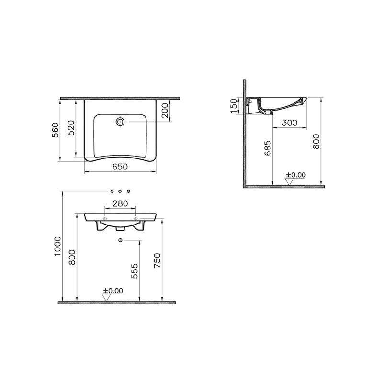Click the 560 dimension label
(x=56, y=130)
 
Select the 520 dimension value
(x=71, y=127)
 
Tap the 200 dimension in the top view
(x=165, y=111)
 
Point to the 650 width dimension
(x=120, y=167)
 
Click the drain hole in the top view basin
(x=120, y=122)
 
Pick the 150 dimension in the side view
(x=234, y=106)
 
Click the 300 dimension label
(x=290, y=123)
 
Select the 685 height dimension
(x=268, y=148)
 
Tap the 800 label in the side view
(x=316, y=141)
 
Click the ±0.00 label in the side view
(x=296, y=175)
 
